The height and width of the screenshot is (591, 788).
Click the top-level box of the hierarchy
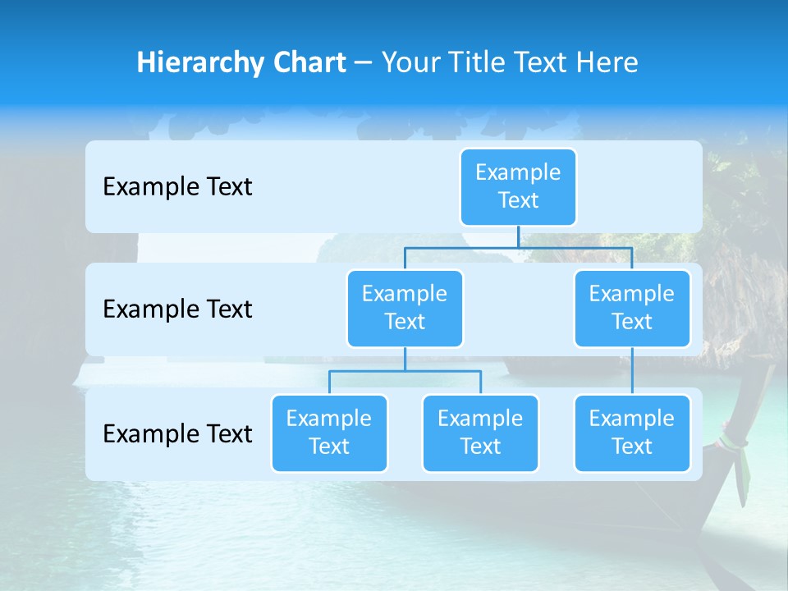[518, 187]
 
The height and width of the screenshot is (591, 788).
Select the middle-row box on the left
[405, 309]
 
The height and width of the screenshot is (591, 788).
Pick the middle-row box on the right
[632, 309]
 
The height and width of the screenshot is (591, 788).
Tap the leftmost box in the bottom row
[329, 433]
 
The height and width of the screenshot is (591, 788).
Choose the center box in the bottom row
[480, 433]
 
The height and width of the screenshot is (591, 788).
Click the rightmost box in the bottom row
[632, 433]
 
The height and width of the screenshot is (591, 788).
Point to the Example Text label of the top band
[177, 187]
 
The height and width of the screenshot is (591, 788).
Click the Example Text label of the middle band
[177, 309]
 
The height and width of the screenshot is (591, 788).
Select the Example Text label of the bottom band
[177, 433]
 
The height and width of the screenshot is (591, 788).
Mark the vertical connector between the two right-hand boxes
[632, 371]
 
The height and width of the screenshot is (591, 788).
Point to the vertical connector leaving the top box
[518, 236]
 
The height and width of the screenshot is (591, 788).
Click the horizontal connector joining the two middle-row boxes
[518, 247]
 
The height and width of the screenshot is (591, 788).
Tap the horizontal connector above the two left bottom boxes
[405, 371]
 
